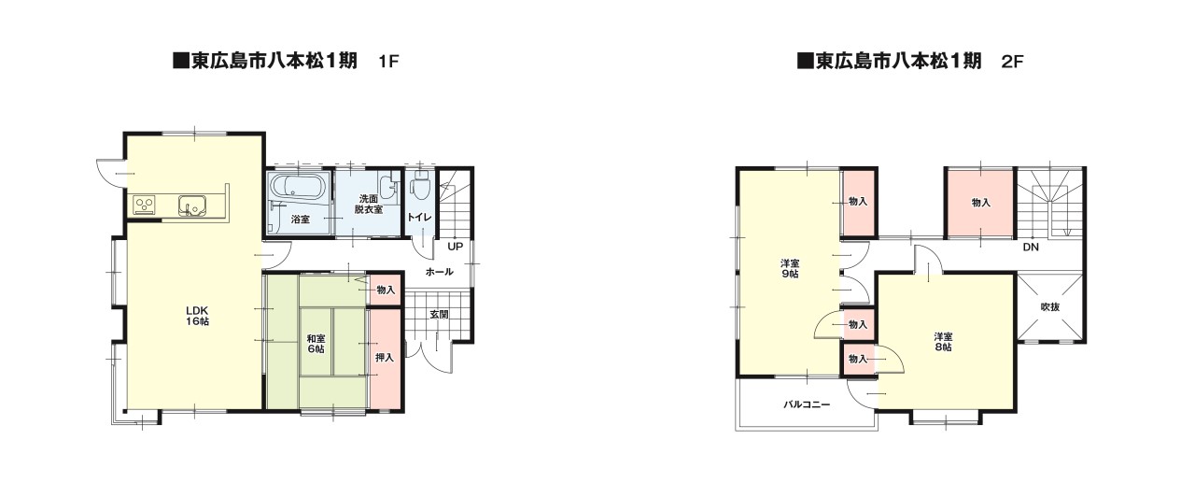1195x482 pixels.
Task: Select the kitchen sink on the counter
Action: tap(192, 206)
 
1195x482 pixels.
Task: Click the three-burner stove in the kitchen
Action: tap(145, 206)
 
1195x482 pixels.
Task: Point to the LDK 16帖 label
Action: tap(197, 316)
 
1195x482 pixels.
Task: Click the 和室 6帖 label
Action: tap(316, 344)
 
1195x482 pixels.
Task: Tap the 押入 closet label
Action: tap(384, 357)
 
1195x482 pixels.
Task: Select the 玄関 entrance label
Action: tap(439, 315)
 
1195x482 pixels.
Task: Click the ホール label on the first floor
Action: tap(439, 272)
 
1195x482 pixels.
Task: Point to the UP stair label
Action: tap(455, 247)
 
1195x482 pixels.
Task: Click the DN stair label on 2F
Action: tap(1031, 248)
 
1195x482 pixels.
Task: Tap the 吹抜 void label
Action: tap(1050, 307)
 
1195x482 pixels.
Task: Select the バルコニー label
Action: tap(807, 404)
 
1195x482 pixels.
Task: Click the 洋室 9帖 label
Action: tap(790, 268)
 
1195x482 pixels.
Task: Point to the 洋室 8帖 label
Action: tap(943, 342)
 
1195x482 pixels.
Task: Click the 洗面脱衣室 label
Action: tap(368, 205)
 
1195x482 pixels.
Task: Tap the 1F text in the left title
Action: tap(388, 62)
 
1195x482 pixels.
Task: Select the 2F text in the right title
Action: tap(1013, 62)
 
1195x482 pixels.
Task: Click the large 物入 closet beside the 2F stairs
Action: tap(980, 203)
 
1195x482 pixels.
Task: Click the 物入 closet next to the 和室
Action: tap(386, 290)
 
